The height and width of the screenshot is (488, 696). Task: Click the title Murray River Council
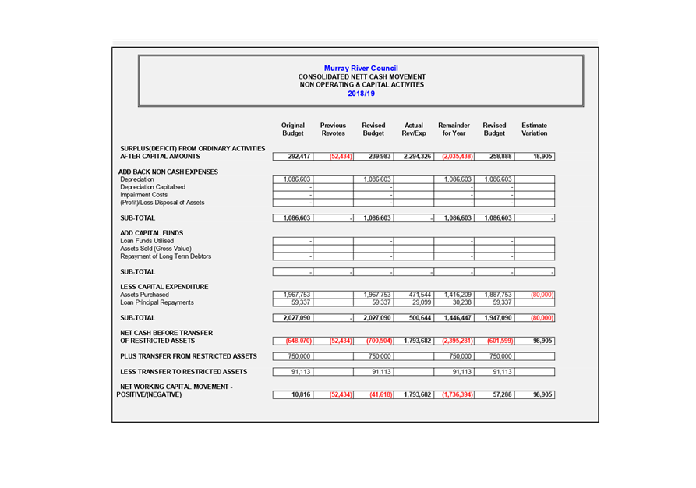point(361,69)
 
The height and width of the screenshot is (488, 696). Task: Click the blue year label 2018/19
point(361,94)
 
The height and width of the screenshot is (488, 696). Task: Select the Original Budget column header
point(293,129)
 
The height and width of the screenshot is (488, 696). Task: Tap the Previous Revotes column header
point(333,129)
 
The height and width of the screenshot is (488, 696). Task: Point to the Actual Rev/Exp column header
point(414,129)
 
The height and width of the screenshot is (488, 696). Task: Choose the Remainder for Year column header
point(454,129)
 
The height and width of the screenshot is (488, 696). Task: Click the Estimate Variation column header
point(535,129)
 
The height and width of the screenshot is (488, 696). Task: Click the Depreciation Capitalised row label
point(153,187)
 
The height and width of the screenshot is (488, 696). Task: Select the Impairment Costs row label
point(143,195)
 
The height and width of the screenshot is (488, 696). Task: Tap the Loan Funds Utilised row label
point(147,241)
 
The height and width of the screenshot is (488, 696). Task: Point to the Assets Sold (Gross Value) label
point(155,249)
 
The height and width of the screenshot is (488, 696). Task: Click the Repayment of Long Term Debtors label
point(165,256)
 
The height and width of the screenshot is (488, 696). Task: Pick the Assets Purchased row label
point(144,295)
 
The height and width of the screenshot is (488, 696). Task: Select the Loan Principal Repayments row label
point(157,302)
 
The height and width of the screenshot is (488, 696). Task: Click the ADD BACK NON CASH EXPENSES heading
point(168,172)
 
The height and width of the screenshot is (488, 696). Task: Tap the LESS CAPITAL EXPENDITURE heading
point(164,287)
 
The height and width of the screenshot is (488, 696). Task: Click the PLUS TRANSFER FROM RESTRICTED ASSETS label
point(188,356)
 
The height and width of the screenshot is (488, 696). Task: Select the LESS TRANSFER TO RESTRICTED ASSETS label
point(183,372)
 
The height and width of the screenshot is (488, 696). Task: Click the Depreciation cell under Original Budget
point(293,179)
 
